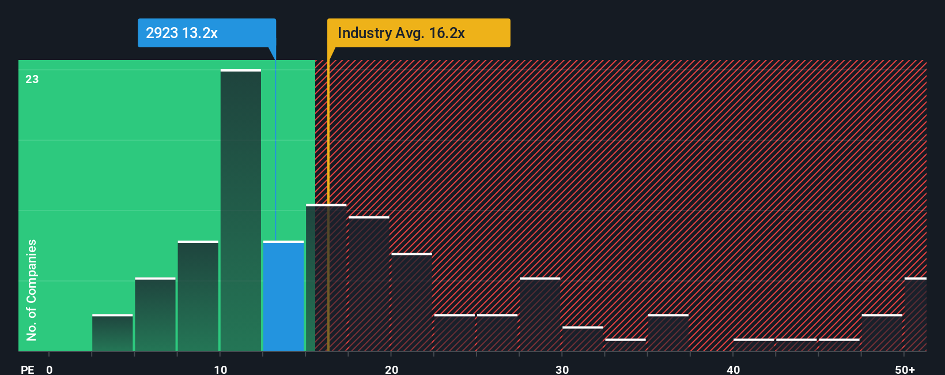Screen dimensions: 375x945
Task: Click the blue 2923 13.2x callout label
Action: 206,33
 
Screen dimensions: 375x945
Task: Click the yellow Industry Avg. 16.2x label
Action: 418,33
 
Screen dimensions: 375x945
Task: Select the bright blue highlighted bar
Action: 283,296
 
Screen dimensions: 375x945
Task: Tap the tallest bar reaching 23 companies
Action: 241,211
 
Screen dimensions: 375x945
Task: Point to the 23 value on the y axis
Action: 32,79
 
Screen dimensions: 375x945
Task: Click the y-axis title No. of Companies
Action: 32,290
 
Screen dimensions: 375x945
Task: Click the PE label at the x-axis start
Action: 27,369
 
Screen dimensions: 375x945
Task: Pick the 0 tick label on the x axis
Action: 50,369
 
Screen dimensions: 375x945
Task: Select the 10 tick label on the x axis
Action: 221,369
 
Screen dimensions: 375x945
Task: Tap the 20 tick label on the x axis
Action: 391,369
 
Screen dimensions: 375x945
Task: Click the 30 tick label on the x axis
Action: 562,369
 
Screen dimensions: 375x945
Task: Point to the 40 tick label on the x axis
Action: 733,369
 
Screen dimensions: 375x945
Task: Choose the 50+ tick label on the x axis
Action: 905,369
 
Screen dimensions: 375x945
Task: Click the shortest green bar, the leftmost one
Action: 112,333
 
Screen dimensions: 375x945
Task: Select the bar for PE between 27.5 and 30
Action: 540,314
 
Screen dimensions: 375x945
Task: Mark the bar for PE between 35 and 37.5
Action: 668,333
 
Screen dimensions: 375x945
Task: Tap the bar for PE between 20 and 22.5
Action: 411,302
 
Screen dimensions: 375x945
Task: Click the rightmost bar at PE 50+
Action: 915,314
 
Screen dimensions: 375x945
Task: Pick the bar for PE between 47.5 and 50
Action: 882,333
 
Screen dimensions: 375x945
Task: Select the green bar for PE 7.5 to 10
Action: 198,296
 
